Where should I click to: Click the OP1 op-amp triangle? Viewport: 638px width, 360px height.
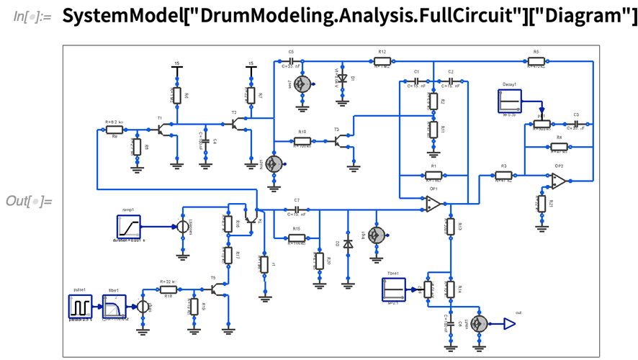[433, 205]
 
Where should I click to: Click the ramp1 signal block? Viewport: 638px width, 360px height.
[130, 226]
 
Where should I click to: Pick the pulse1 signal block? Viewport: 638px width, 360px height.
[80, 306]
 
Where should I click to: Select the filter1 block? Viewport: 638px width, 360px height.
[114, 306]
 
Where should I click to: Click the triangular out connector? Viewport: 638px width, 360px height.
[509, 323]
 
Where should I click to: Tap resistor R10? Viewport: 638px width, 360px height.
[302, 142]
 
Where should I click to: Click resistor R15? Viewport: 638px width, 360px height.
[296, 238]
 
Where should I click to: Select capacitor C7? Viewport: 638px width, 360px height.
[297, 210]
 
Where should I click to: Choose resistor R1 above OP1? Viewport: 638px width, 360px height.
[433, 175]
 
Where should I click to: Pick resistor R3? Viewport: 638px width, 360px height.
[504, 175]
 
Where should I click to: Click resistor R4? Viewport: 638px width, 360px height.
[559, 146]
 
